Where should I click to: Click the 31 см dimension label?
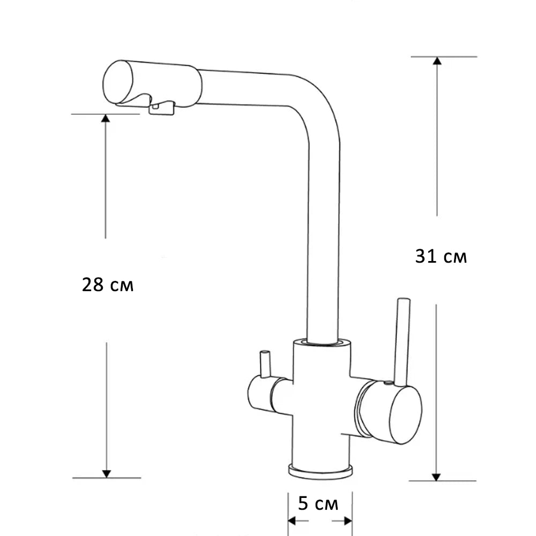[441, 257]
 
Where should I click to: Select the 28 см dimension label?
[108, 285]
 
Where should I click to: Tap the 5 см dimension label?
[318, 504]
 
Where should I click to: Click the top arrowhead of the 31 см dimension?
[437, 61]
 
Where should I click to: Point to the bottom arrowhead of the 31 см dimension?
[436, 476]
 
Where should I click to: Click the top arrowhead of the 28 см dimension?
[106, 118]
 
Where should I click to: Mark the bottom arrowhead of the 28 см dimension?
[106, 473]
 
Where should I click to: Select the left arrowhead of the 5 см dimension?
[292, 520]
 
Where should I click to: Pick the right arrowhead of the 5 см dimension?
[348, 520]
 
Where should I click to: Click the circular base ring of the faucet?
[321, 470]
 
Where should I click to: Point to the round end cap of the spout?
[117, 82]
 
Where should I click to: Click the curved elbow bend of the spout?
[316, 99]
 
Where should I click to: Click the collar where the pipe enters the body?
[323, 342]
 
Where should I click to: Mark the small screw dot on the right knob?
[385, 384]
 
